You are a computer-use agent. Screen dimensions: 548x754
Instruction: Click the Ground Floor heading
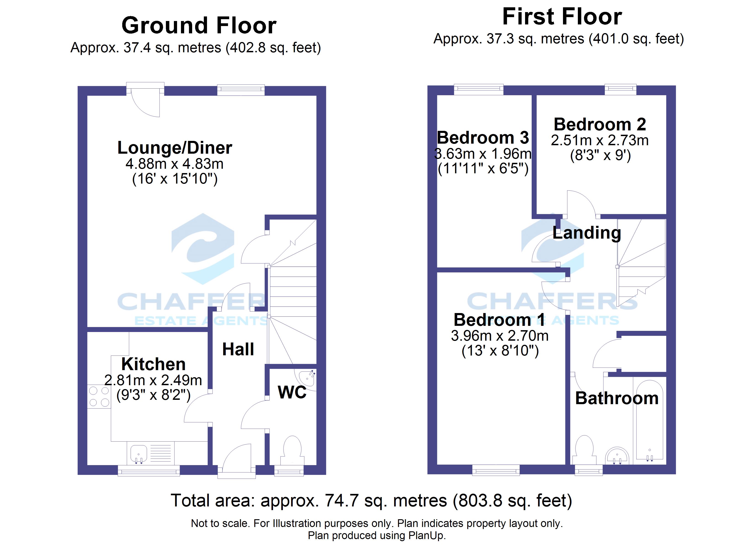(199, 26)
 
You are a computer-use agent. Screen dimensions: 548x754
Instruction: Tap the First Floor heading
(562, 17)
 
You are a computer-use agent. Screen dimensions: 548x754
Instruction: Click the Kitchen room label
(153, 364)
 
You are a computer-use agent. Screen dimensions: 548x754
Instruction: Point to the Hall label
(238, 350)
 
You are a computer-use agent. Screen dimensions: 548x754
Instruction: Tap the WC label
(292, 393)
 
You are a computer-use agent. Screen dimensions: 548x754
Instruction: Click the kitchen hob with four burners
(99, 396)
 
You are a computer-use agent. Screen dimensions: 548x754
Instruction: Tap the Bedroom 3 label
(483, 138)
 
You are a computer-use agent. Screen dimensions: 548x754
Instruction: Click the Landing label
(587, 233)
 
